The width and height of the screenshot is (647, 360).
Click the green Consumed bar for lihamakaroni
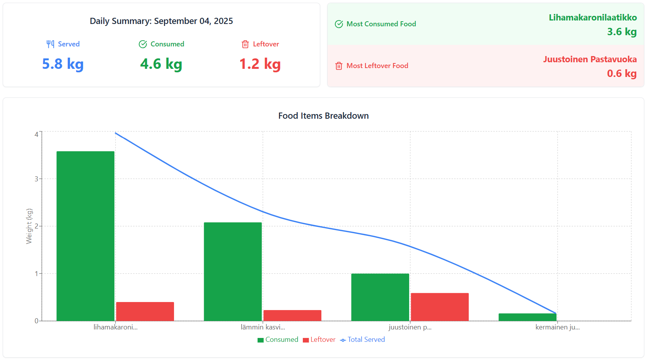click(x=85, y=236)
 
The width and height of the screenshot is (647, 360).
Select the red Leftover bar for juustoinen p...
click(x=440, y=307)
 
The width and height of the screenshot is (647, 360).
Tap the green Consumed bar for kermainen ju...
click(x=528, y=317)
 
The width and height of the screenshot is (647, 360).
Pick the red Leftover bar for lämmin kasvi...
click(x=292, y=316)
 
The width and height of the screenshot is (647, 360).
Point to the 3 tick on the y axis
click(x=36, y=179)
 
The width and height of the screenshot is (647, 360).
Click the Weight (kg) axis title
click(x=29, y=226)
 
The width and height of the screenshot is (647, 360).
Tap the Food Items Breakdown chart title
click(x=323, y=116)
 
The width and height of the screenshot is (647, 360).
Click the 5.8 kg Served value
click(x=63, y=64)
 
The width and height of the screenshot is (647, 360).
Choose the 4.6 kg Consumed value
click(x=161, y=64)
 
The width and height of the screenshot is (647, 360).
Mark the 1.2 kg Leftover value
click(x=260, y=64)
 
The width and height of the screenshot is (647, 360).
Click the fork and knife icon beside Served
click(x=50, y=44)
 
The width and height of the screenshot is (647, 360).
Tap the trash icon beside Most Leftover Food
click(x=339, y=66)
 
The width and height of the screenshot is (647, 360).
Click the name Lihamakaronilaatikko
click(x=592, y=17)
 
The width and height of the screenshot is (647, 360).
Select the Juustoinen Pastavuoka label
click(x=590, y=59)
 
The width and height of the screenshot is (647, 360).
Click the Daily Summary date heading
click(x=161, y=21)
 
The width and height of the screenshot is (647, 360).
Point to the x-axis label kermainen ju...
click(x=557, y=327)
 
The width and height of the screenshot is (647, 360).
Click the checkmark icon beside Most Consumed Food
click(x=339, y=24)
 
